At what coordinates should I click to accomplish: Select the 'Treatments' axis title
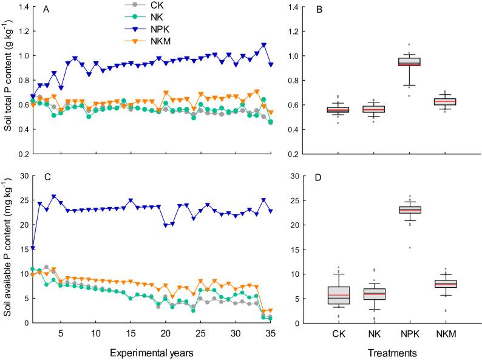coord(395,350)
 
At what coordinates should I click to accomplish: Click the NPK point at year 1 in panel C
coord(33,248)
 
